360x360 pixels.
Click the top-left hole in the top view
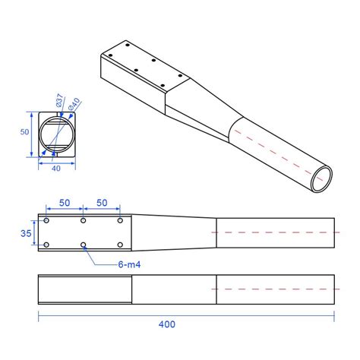47,221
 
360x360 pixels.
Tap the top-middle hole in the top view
84,221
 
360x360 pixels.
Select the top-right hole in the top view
120,221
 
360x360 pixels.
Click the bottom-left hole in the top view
47,245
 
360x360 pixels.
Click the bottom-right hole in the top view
120,245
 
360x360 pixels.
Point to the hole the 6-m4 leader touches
84,245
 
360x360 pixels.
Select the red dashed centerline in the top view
273,232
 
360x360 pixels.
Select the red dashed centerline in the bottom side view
273,290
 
